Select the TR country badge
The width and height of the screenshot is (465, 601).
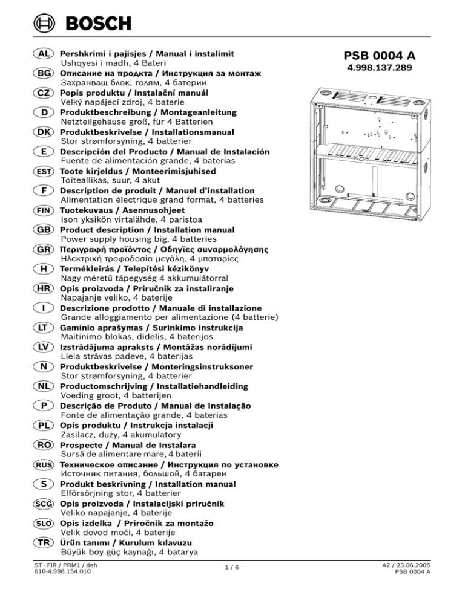[x=44, y=542]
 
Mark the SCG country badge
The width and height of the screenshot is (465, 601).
[x=44, y=504]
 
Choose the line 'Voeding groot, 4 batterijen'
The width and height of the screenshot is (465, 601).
[x=117, y=395]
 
